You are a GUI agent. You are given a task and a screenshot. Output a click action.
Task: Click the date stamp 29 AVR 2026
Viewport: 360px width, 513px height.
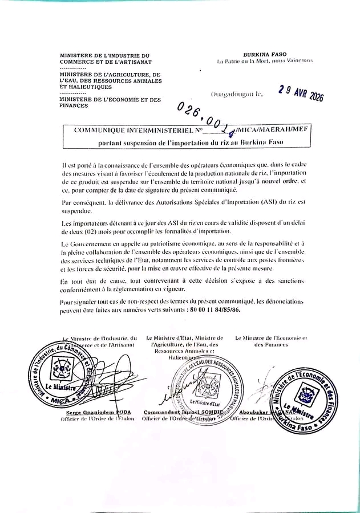point(301,93)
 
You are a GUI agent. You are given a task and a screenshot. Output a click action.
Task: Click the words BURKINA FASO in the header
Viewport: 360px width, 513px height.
point(264,54)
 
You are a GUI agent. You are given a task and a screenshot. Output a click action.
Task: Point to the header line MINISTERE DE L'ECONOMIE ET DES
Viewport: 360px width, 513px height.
point(111,100)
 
